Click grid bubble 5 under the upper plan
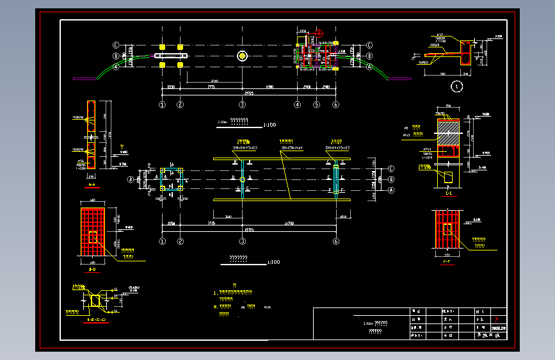[x=316, y=104]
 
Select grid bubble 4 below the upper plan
[x=298, y=104]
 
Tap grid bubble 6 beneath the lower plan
[x=336, y=241]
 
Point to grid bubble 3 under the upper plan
[x=243, y=104]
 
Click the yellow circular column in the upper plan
[x=243, y=56]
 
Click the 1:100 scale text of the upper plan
[x=269, y=125]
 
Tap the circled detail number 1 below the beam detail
[x=456, y=85]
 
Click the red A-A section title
[x=91, y=186]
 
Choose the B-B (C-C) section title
[x=95, y=319]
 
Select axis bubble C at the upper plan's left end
[x=117, y=45]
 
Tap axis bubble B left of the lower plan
[x=131, y=180]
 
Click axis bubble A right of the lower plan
[x=391, y=190]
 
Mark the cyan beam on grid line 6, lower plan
[x=336, y=180]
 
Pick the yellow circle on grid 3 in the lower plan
[x=243, y=180]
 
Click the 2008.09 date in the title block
[x=498, y=328]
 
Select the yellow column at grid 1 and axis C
[x=163, y=47]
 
